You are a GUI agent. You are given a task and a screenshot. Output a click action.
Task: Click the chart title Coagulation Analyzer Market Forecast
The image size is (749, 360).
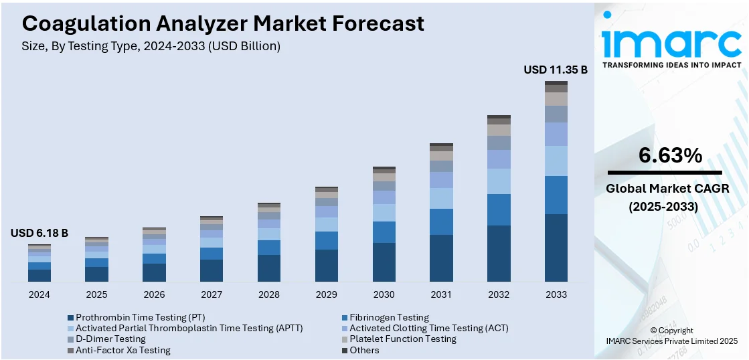(223, 23)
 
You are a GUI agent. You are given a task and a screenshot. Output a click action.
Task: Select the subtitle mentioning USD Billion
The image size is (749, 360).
(151, 46)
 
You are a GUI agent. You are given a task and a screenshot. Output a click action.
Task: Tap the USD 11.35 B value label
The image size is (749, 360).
(555, 70)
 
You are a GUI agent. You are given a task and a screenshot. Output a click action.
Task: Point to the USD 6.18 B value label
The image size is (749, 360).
(39, 233)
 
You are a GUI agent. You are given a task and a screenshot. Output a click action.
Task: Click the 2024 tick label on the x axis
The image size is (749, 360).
(39, 294)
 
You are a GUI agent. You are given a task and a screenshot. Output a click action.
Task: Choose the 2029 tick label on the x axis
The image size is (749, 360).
(327, 294)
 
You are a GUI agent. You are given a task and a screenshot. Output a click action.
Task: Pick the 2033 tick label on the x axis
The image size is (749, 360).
(556, 294)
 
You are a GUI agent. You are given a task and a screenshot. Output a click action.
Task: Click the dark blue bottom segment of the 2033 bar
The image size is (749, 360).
(556, 248)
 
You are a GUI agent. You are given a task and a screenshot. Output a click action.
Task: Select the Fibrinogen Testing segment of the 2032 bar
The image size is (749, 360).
(499, 209)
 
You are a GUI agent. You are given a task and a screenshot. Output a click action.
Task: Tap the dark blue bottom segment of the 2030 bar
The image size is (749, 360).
(384, 262)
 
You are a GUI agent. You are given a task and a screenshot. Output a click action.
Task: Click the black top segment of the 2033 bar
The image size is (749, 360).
(556, 83)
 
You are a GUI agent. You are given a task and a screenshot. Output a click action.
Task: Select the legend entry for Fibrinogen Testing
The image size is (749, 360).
(389, 317)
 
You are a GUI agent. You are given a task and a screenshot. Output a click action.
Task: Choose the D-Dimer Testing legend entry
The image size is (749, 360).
(110, 339)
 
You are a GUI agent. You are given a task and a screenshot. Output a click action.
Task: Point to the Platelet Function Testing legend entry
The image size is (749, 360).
(402, 339)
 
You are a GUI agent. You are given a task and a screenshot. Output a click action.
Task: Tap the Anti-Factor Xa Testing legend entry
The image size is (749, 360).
(122, 350)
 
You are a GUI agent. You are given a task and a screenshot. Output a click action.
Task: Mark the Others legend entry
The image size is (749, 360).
(363, 350)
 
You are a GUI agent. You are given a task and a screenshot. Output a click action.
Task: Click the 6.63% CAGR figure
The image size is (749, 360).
(670, 156)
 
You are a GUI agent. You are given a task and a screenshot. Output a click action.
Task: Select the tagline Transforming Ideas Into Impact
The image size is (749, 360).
(671, 65)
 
